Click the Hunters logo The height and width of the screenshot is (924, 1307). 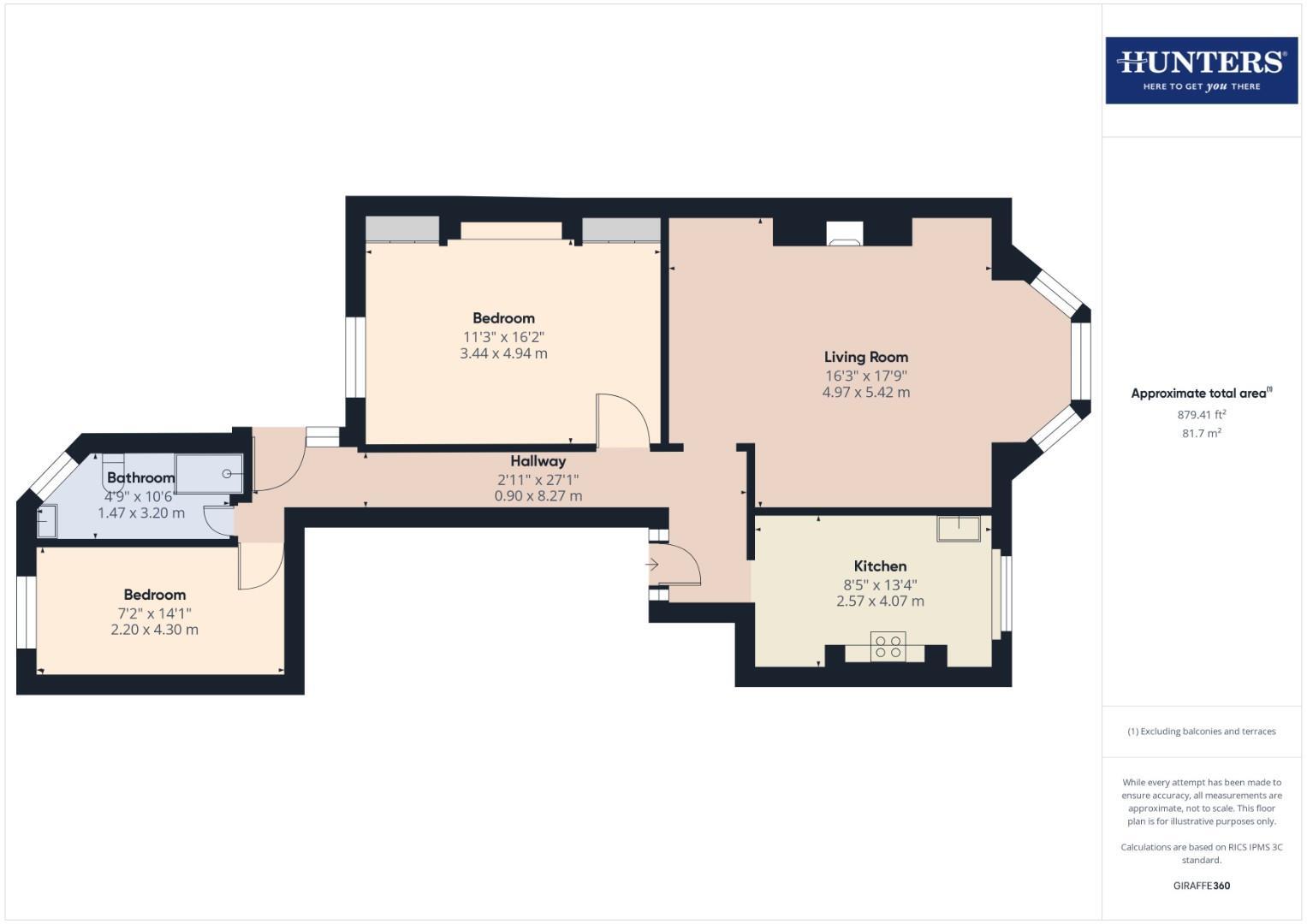click(x=1201, y=70)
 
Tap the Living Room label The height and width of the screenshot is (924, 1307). click(x=865, y=357)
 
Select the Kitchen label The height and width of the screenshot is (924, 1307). click(x=880, y=566)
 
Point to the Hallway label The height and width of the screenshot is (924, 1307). click(x=538, y=461)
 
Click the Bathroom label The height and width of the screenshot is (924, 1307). click(x=140, y=477)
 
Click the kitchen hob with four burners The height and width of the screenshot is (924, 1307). click(x=888, y=646)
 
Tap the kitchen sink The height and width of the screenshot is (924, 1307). click(x=959, y=529)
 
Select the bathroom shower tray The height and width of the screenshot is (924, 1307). click(x=209, y=473)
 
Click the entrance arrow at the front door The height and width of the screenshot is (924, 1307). click(x=651, y=565)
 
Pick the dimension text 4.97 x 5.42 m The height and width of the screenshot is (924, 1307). click(x=865, y=393)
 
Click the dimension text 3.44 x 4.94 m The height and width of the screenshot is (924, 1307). click(x=503, y=353)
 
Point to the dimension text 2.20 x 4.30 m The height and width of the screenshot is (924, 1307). click(x=154, y=630)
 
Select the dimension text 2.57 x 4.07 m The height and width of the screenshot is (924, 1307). click(x=880, y=601)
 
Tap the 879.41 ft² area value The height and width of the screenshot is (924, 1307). click(x=1201, y=414)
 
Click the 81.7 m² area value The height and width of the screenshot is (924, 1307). click(x=1201, y=433)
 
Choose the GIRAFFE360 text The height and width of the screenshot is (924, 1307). click(x=1201, y=885)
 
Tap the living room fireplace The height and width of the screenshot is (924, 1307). click(x=844, y=234)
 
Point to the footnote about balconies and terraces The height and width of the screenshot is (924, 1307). click(x=1201, y=731)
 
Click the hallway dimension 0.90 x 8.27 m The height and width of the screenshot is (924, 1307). click(x=538, y=496)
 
